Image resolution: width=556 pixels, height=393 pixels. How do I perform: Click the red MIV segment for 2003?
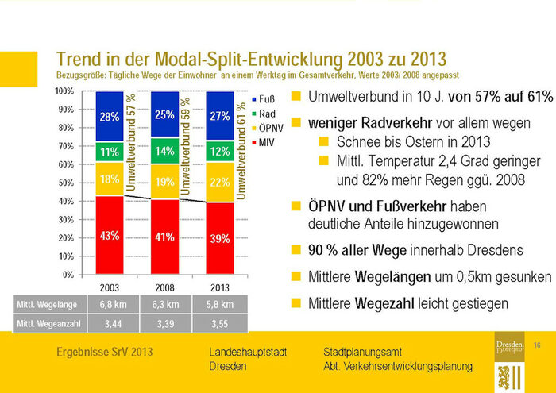pyautogui.click(x=110, y=235)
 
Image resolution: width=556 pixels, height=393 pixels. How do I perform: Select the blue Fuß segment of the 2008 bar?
pyautogui.click(x=164, y=114)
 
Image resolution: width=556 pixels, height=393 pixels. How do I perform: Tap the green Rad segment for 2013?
pyautogui.click(x=220, y=151)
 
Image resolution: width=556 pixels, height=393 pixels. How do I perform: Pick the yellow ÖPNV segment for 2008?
pyautogui.click(x=164, y=182)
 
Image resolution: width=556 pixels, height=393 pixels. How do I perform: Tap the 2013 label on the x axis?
pyautogui.click(x=220, y=286)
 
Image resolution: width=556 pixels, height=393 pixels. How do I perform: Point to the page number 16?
pyautogui.click(x=537, y=344)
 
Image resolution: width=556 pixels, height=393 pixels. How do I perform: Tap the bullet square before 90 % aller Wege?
pyautogui.click(x=295, y=250)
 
